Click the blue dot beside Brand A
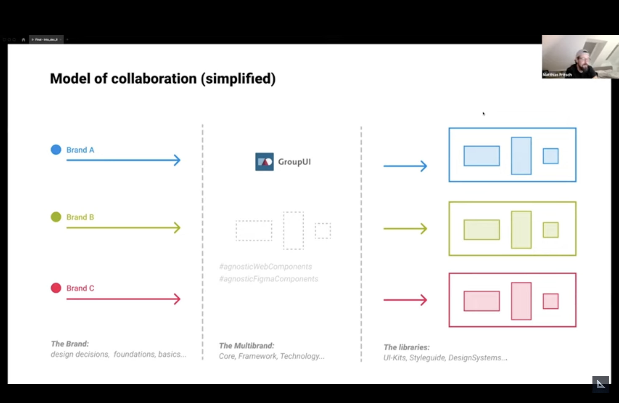pos(56,150)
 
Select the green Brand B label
pos(80,217)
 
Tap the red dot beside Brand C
pos(56,288)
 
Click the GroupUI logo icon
pos(264,162)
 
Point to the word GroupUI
pos(294,162)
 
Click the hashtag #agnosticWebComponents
pos(265,267)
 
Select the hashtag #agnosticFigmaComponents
pos(268,279)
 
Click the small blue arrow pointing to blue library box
pos(405,166)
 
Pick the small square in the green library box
pos(550,230)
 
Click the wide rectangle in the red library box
pos(482,301)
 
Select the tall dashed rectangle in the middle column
pos(293,231)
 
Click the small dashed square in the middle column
pos(323,231)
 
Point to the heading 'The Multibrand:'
pos(246,346)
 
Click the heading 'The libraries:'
pos(407,347)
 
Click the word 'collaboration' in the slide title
pos(154,79)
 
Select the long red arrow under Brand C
pos(123,299)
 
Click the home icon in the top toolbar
pos(23,40)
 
